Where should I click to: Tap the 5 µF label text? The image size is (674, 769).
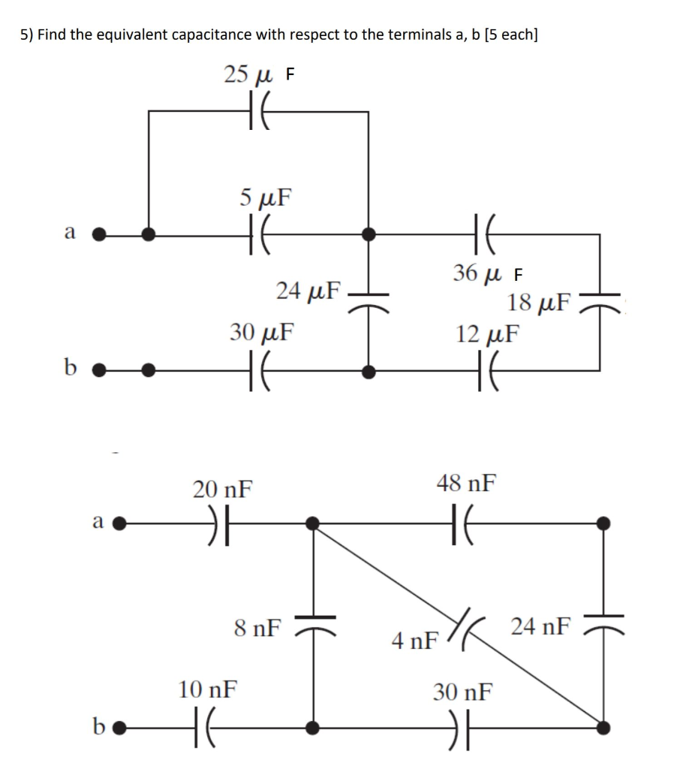(266, 198)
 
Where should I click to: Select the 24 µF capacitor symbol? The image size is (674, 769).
(368, 300)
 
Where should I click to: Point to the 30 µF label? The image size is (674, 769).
(262, 330)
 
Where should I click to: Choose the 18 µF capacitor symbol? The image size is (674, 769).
(599, 300)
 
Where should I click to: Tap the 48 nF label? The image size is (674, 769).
(465, 483)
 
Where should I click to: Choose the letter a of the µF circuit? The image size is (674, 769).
(70, 233)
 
